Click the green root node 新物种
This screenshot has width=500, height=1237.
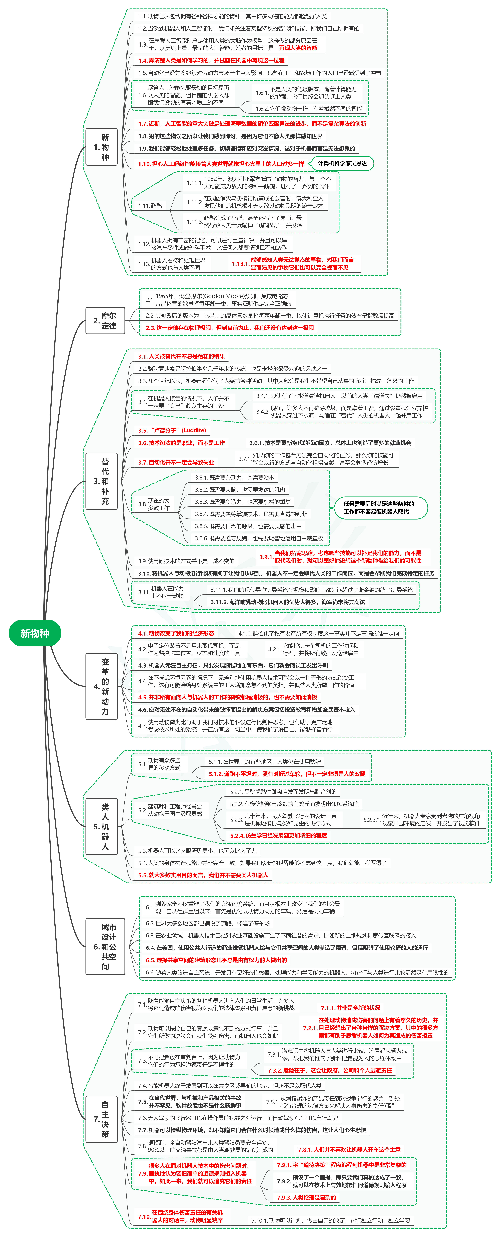tap(34, 633)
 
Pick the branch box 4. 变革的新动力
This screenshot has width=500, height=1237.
tap(101, 686)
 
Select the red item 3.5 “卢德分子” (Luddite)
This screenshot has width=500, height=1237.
tap(172, 430)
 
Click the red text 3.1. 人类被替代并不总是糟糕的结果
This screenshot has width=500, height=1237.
tap(181, 356)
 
